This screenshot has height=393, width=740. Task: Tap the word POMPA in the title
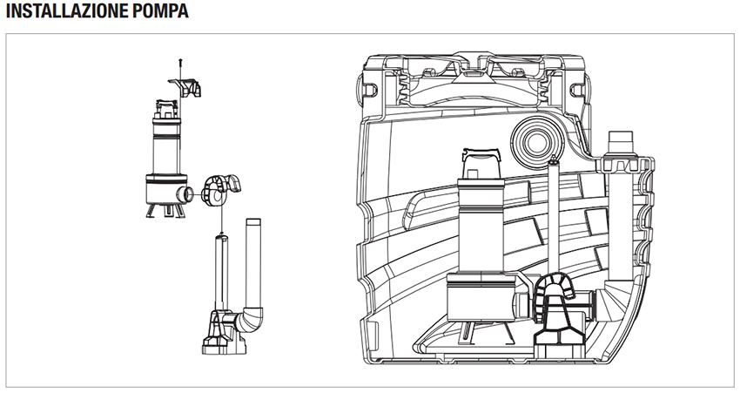pos(160,10)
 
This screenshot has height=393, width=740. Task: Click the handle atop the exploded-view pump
pos(166,109)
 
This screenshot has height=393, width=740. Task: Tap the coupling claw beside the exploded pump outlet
pos(219,190)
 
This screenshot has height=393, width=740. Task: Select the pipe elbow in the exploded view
pos(249,320)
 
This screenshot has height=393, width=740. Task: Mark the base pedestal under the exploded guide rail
pos(223,333)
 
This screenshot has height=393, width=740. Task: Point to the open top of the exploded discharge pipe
pos(253,221)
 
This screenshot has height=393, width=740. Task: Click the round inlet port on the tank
pos(537,143)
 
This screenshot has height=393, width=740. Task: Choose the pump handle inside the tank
pos(481,163)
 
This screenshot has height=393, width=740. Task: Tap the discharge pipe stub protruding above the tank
pos(621,143)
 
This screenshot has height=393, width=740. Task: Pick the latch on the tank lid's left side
pos(369,89)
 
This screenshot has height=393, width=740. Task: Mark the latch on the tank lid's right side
pos(576,90)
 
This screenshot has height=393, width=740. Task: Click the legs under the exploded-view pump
pos(165,210)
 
